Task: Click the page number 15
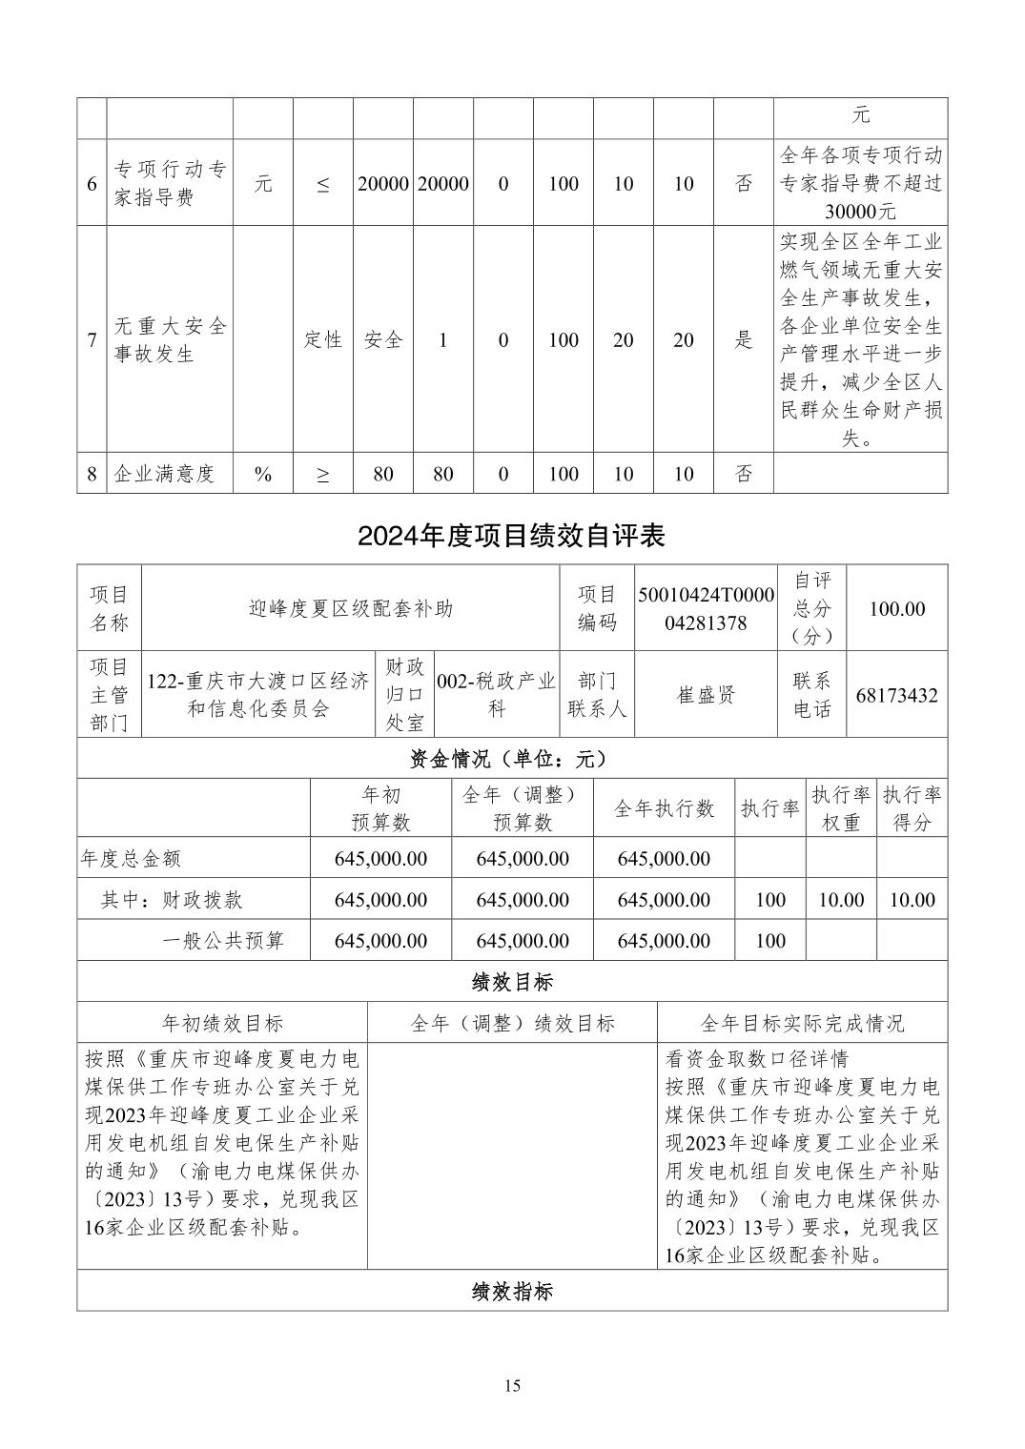point(512,1385)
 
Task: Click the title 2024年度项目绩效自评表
point(511,536)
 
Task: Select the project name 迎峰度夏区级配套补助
point(350,608)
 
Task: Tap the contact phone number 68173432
point(896,695)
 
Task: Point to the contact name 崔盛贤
point(706,695)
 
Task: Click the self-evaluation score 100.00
point(896,608)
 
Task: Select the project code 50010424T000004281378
point(706,608)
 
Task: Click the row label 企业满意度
point(164,474)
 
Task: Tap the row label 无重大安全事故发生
point(171,339)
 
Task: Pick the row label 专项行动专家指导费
point(171,183)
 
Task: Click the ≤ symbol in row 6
point(323,184)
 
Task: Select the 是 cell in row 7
point(744,339)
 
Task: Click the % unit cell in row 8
point(263,474)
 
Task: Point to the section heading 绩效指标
point(512,1292)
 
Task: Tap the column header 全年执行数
point(664,808)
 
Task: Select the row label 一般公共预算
point(223,941)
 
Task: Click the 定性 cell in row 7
point(323,339)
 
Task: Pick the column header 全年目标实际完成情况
point(802,1023)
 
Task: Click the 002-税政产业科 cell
point(496,695)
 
